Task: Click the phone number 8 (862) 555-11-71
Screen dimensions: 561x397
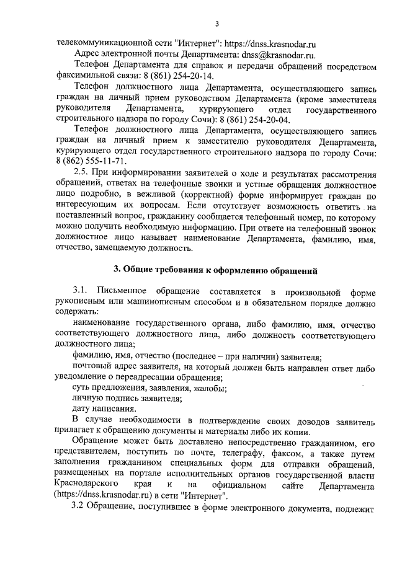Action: (91, 161)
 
